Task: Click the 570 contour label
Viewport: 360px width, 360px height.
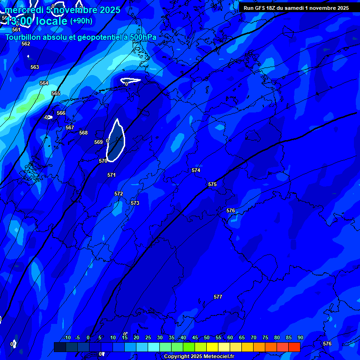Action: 103,161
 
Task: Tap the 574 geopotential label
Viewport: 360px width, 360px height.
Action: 196,170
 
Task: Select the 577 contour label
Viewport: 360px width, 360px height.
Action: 218,297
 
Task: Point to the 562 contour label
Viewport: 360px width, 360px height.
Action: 26,44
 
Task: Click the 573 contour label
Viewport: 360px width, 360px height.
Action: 135,203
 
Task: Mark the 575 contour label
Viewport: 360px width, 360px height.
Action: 212,184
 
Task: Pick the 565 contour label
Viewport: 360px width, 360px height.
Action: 56,93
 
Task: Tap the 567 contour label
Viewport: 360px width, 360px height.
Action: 70,127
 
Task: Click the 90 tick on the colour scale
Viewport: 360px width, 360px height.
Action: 300,337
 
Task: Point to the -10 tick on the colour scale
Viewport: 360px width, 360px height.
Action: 67,337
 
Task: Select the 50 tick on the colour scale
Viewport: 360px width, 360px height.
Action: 207,337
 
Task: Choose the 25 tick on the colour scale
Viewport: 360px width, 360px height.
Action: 148,337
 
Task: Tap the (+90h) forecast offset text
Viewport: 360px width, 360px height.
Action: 81,21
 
